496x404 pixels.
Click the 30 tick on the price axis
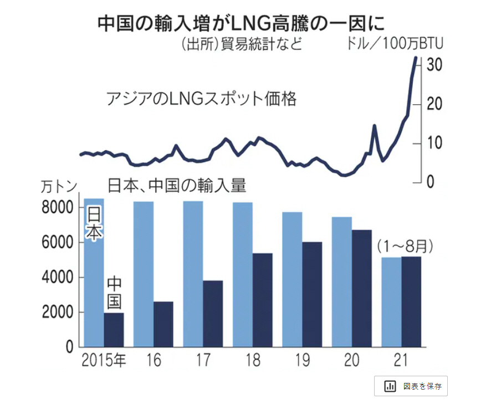point(434,65)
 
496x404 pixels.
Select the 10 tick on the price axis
point(434,143)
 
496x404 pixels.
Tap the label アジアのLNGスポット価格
point(201,100)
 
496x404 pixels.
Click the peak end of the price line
point(416,58)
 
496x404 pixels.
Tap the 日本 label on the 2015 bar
point(94,224)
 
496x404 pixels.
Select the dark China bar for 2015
point(114,330)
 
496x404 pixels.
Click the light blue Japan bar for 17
point(193,274)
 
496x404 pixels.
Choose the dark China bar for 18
point(263,300)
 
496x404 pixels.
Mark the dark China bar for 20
point(362,288)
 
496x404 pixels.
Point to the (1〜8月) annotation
point(405,246)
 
